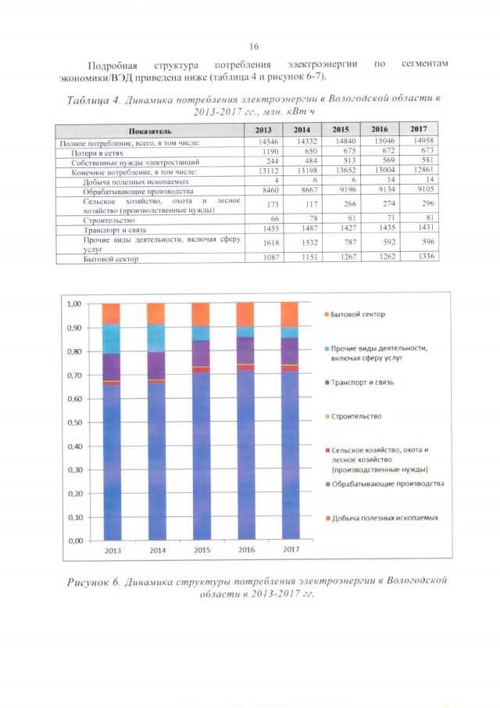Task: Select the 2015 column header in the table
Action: (340, 129)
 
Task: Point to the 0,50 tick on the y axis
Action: (75, 422)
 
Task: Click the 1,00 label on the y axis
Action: (75, 304)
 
